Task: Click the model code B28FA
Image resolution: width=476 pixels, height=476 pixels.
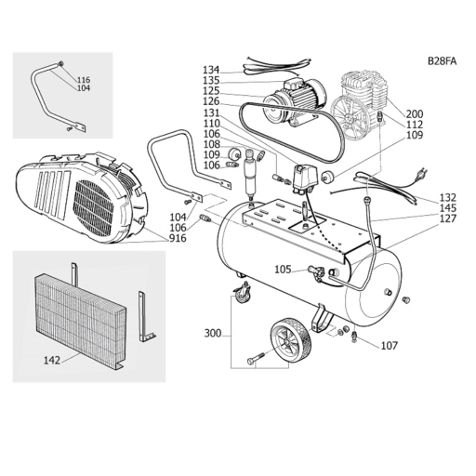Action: pos(442,61)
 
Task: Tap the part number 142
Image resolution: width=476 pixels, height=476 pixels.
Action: pos(52,360)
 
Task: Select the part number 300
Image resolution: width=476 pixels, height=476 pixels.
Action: pos(213,334)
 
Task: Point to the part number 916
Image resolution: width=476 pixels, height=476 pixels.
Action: pos(178,238)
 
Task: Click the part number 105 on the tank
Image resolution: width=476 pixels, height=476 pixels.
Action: pos(283,270)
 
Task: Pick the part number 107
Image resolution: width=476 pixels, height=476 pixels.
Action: pos(389,345)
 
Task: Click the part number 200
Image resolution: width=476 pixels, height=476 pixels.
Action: pos(415,114)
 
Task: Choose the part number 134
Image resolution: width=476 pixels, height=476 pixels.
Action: pos(211,70)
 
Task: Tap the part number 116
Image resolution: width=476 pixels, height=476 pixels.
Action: pos(84,80)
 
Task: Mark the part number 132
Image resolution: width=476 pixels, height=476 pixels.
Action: pos(448,197)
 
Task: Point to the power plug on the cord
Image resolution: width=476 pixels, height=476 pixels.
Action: pos(423,174)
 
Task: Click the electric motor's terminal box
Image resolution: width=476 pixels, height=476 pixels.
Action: pos(294,83)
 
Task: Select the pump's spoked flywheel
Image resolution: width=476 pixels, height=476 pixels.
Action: pos(349,119)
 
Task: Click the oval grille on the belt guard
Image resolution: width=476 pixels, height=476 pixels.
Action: pos(94,208)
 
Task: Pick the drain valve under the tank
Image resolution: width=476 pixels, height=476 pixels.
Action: pos(355,337)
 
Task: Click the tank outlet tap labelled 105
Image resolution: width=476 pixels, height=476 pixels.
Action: pos(315,272)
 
